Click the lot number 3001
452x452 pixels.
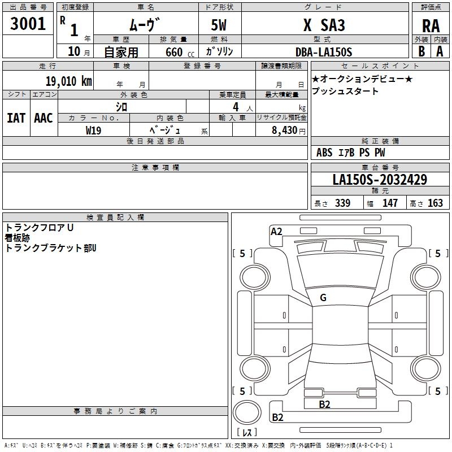(28, 23)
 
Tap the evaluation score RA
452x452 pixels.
(431, 26)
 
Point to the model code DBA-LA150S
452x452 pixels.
(324, 52)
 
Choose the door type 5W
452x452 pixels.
(220, 25)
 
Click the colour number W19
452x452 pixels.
(94, 130)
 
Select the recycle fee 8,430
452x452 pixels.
(286, 130)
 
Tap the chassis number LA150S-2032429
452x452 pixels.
(380, 180)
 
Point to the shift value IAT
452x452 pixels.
(16, 118)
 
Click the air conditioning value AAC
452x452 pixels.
(44, 118)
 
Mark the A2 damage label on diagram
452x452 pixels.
(276, 231)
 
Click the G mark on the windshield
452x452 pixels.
(323, 298)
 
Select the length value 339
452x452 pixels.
(342, 203)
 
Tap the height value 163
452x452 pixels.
(435, 203)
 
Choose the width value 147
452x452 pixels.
(390, 203)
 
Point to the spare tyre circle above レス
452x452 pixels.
(249, 412)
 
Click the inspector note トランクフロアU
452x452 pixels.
(40, 228)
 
